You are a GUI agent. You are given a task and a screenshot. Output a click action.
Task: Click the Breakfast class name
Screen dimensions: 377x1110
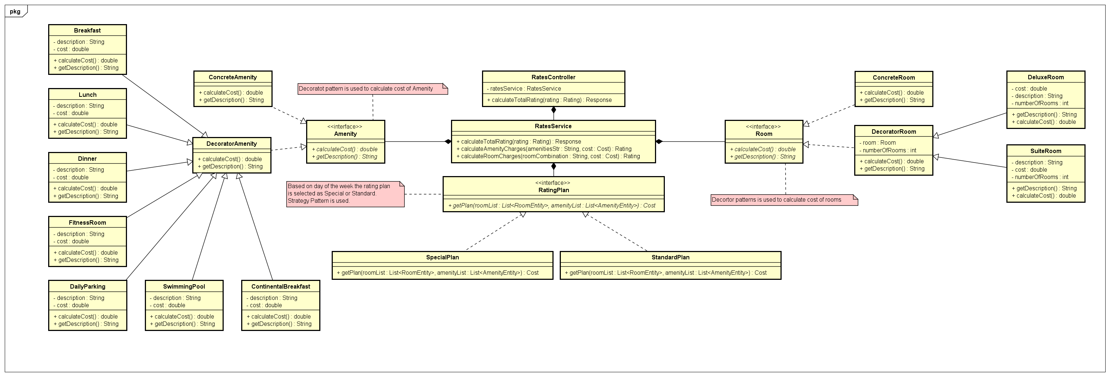(x=87, y=31)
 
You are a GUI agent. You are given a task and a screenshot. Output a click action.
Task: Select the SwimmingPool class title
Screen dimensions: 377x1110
(x=184, y=286)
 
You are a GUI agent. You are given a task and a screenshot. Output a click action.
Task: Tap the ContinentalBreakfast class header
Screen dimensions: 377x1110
(x=281, y=286)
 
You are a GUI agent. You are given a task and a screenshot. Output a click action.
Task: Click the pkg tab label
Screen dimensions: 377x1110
(x=15, y=11)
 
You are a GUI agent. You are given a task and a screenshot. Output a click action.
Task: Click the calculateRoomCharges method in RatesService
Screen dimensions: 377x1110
(x=548, y=156)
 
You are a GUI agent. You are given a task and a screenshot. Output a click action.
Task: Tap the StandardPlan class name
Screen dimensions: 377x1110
(x=670, y=257)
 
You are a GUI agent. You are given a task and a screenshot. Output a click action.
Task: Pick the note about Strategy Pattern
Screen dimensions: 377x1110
(x=345, y=194)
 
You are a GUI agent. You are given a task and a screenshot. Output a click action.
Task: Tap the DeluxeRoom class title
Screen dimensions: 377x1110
(x=1045, y=77)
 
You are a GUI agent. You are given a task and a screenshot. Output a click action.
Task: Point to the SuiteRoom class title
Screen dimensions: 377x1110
(x=1045, y=151)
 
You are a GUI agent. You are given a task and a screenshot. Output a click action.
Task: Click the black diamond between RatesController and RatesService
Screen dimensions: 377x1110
(x=554, y=110)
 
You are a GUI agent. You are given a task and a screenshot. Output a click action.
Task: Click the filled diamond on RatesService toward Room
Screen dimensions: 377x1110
(x=659, y=141)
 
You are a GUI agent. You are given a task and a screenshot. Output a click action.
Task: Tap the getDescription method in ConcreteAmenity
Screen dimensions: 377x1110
(x=231, y=100)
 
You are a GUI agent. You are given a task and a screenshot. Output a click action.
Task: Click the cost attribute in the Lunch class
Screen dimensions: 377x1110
(x=71, y=113)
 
